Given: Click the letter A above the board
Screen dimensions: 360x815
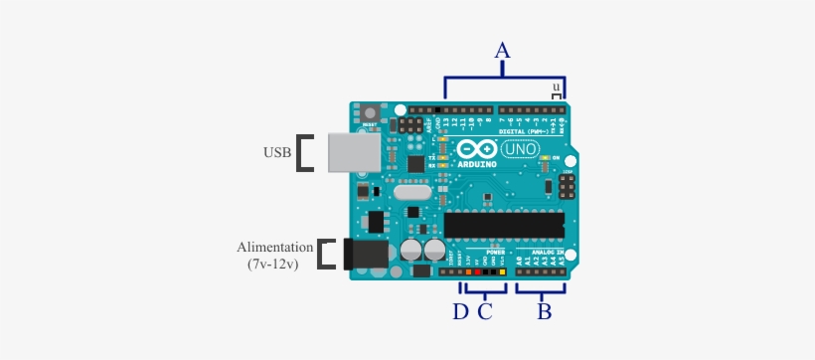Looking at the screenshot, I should pos(503,50).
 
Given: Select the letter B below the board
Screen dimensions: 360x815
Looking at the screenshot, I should pos(544,311).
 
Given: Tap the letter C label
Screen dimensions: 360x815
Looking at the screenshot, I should pos(485,311).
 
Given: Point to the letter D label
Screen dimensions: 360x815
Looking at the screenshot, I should pos(460,311).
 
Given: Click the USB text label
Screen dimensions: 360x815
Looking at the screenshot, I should pos(277,153).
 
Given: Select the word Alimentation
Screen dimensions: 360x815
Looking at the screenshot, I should pos(275,247).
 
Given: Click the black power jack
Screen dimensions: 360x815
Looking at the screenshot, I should pos(364,255).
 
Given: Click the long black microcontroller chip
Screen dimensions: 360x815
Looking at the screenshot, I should pos(504,225).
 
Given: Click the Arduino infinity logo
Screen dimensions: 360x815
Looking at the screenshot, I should pos(475,149).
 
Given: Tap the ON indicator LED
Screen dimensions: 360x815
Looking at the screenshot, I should pos(543,158).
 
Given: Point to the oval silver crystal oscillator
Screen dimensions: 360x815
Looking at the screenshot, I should pos(410,195).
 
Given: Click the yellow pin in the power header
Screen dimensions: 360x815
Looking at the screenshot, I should pos(503,271).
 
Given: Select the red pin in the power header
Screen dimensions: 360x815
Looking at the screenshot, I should pos(477,271).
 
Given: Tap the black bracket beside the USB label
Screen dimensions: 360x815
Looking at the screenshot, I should pos(307,153).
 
